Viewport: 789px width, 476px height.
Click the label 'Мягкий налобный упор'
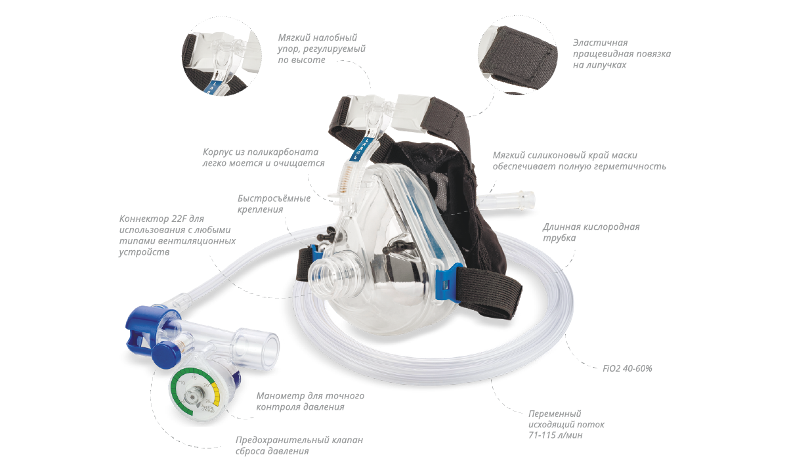tap(322, 49)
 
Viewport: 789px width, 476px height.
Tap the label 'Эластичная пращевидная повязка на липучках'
tap(621, 54)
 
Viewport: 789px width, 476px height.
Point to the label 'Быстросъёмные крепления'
tap(274, 204)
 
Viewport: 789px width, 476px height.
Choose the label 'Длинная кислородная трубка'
tap(591, 232)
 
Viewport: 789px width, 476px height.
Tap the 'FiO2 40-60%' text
tap(627, 368)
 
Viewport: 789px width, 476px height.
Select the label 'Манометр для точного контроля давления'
tap(310, 401)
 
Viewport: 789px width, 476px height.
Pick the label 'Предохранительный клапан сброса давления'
tap(299, 445)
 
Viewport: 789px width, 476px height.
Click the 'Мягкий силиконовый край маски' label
tap(579, 161)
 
